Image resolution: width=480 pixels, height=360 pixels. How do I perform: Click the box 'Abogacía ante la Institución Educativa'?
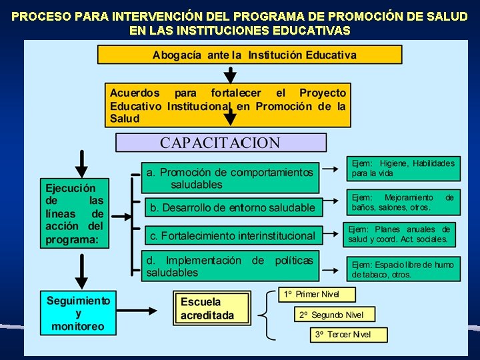tap(250, 55)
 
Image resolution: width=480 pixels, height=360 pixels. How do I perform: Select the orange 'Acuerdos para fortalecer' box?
tap(227, 105)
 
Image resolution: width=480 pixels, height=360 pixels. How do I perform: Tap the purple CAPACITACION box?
tap(221, 143)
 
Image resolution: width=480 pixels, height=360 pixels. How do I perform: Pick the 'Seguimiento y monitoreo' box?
tap(78, 313)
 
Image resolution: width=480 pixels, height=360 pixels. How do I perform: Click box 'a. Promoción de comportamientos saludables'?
tap(229, 178)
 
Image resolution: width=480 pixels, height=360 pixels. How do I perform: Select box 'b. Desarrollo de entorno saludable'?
tap(232, 208)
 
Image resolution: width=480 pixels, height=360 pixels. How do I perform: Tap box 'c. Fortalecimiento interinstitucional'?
tap(232, 235)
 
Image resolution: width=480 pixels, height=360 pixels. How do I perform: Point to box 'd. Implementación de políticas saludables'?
tap(229, 266)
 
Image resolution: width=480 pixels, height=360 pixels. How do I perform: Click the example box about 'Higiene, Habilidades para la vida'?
tap(403, 169)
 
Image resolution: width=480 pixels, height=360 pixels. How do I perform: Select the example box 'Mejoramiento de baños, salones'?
tap(403, 203)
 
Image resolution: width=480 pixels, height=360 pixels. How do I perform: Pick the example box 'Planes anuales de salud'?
tap(399, 234)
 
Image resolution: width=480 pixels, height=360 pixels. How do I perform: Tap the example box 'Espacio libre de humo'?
tap(403, 269)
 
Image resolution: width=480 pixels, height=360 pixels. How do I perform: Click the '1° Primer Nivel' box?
tap(317, 294)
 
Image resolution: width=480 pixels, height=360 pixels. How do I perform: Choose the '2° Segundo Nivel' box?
tap(335, 315)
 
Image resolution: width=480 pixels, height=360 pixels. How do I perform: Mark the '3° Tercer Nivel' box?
tap(349, 335)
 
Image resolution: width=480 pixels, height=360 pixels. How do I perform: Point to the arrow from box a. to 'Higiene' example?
tap(331, 170)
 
